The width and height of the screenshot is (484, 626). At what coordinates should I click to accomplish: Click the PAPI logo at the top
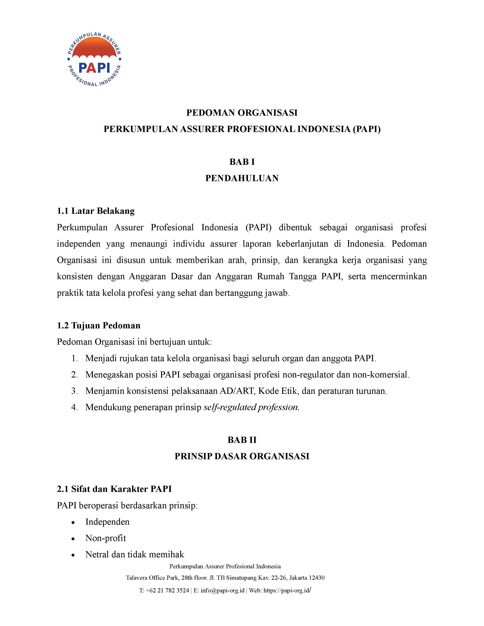pyautogui.click(x=94, y=60)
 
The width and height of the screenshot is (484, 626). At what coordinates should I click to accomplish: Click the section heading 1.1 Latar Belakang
pyautogui.click(x=96, y=211)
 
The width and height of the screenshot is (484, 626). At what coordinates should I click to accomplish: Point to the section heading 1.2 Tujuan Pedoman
pyautogui.click(x=99, y=326)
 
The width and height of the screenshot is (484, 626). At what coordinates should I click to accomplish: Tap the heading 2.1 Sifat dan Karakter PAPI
pyautogui.click(x=114, y=489)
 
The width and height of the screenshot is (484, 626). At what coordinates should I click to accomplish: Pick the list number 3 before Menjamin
pyautogui.click(x=74, y=391)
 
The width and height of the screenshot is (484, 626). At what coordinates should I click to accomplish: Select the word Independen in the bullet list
pyautogui.click(x=107, y=522)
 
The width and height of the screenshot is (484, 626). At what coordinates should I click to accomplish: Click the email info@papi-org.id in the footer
pyautogui.click(x=222, y=591)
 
